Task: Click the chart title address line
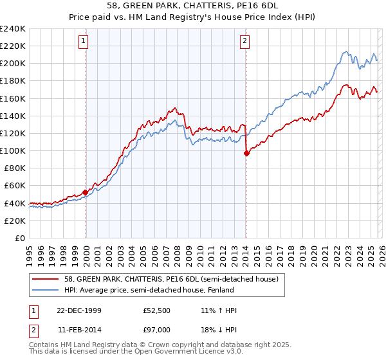tap(193, 6)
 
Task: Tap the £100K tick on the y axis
tap(13, 150)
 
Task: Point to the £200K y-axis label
tap(13, 63)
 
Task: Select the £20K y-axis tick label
tap(15, 221)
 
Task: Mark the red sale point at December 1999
tap(86, 192)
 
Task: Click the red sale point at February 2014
tap(246, 153)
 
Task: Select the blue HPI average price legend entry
tap(147, 290)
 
